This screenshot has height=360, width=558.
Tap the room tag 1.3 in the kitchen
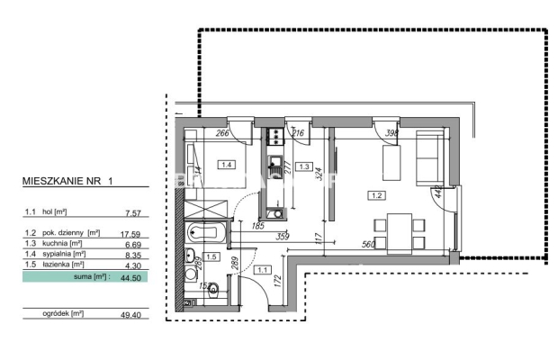[x=305, y=166]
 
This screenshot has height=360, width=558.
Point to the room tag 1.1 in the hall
[x=262, y=269]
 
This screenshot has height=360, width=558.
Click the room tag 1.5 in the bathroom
[x=212, y=256]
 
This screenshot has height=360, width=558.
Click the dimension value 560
[x=367, y=244]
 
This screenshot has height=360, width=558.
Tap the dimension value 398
[x=391, y=133]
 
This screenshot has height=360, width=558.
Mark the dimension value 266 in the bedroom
[x=224, y=134]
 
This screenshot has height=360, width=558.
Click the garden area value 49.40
[x=132, y=314]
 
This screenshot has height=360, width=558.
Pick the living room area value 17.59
[x=132, y=231]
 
